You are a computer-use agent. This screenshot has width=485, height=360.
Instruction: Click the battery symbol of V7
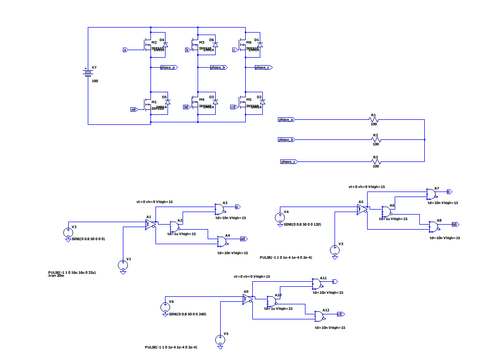coord(88,73)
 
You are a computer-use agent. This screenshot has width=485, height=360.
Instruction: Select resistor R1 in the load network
coord(374,120)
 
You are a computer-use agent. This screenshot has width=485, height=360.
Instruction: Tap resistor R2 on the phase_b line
coord(376,140)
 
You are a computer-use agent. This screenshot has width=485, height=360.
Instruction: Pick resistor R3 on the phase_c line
coord(376,161)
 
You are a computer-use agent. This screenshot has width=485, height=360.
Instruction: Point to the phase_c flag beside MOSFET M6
coord(263,67)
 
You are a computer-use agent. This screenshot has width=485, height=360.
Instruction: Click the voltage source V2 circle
coord(68,233)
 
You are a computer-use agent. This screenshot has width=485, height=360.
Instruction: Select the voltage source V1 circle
coord(123,264)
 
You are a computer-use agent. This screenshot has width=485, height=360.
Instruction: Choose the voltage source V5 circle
coord(220,339)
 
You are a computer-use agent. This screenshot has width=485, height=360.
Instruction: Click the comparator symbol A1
coord(150,225)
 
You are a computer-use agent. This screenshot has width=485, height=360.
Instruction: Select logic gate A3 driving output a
coord(220,208)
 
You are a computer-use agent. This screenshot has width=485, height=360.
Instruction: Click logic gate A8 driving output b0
coord(433,226)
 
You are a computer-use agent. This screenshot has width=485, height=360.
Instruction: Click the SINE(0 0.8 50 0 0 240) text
coord(187,314)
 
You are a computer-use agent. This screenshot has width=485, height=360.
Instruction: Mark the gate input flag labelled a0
coord(133,109)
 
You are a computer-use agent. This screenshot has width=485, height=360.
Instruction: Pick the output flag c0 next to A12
coord(340,314)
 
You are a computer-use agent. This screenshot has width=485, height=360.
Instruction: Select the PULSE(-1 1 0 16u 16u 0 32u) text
coord(72,272)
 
